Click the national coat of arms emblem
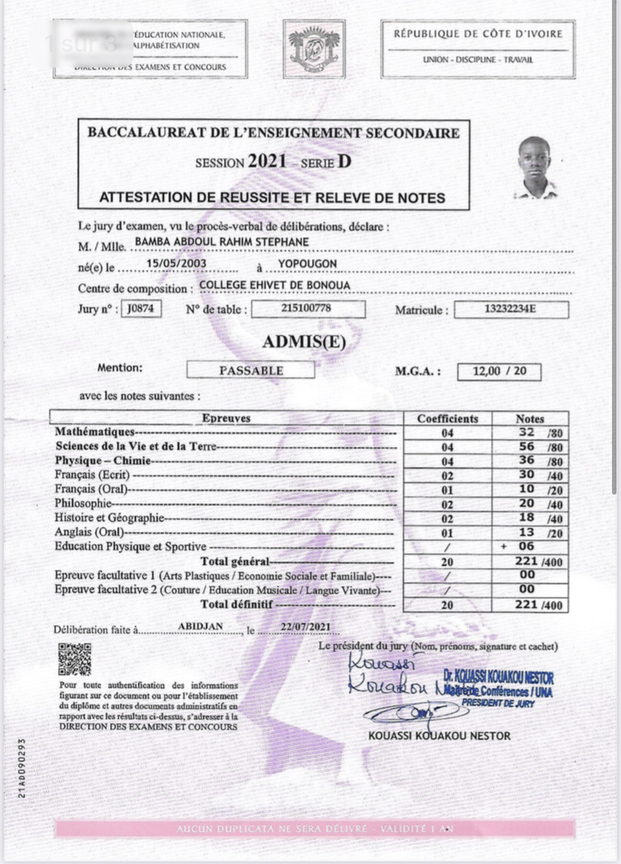pyautogui.click(x=313, y=49)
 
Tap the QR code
pyautogui.click(x=74, y=659)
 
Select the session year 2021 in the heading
pyautogui.click(x=267, y=161)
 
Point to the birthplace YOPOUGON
pyautogui.click(x=307, y=264)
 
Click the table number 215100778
pyautogui.click(x=307, y=309)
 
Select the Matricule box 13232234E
pyautogui.click(x=511, y=309)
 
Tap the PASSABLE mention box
pyautogui.click(x=250, y=370)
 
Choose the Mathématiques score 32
pyautogui.click(x=527, y=432)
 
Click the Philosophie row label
pyautogui.click(x=83, y=504)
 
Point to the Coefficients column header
pyautogui.click(x=448, y=418)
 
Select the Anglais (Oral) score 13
pyautogui.click(x=527, y=533)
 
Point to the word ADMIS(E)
pyautogui.click(x=304, y=342)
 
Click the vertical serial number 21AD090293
pyautogui.click(x=22, y=767)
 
